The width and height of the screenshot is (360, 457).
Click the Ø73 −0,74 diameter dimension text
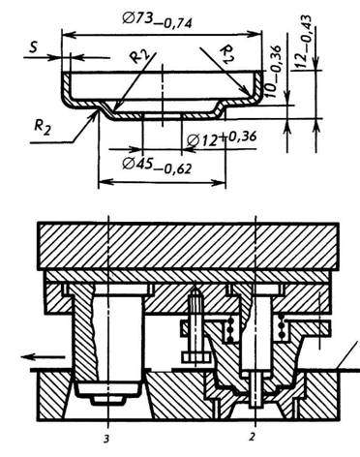coord(157,21)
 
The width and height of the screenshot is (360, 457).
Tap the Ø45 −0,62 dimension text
coord(157,166)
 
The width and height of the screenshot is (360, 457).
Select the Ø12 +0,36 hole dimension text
coord(222,138)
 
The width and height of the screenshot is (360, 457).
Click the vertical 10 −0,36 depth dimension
coord(274,72)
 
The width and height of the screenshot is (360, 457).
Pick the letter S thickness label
coord(33,47)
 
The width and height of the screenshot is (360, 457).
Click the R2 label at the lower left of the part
coord(43,127)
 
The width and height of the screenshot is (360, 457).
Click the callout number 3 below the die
coord(106,439)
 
